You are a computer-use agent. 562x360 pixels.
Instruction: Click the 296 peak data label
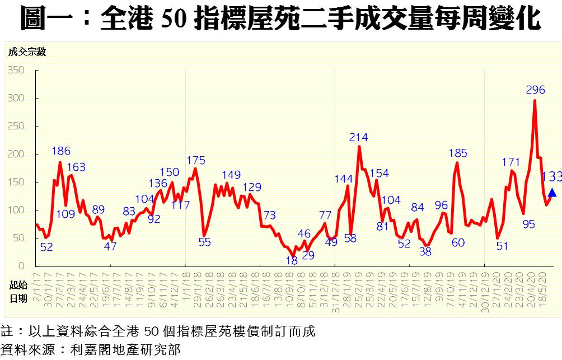coord(536,90)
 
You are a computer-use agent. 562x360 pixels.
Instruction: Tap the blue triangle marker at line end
coord(552,193)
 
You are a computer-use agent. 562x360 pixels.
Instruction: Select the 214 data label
coord(358,137)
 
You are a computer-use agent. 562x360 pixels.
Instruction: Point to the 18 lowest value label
coord(292,261)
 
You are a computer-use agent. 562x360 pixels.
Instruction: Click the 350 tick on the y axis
coord(16,71)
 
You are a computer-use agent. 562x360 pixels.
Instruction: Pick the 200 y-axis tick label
coord(16,155)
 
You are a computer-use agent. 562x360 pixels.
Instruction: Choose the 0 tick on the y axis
coord(21,267)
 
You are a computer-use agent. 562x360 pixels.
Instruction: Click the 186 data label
coord(61,151)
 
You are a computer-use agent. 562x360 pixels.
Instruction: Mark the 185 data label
coord(457,152)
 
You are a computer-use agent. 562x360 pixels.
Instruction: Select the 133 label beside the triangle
coord(551,177)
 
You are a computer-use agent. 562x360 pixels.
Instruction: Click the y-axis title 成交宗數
coord(27,52)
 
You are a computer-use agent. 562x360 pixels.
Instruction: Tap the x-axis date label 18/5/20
coord(541,287)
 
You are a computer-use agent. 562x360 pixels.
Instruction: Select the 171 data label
coord(511,162)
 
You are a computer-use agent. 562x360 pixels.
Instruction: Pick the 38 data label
coord(425,251)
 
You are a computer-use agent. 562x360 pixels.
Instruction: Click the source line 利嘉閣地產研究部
coord(125,350)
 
